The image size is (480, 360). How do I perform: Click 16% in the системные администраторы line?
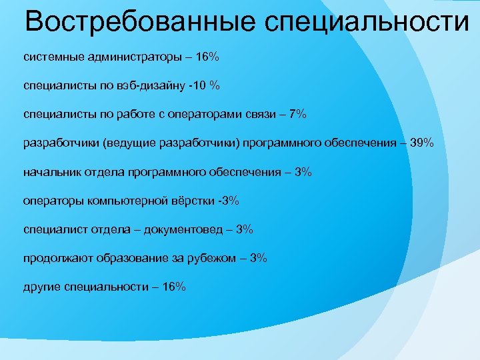[x=204, y=57]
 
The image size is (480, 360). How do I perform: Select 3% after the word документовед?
[x=244, y=229]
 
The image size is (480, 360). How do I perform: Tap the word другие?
[x=42, y=287]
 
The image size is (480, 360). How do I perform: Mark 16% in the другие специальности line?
[x=174, y=287]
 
